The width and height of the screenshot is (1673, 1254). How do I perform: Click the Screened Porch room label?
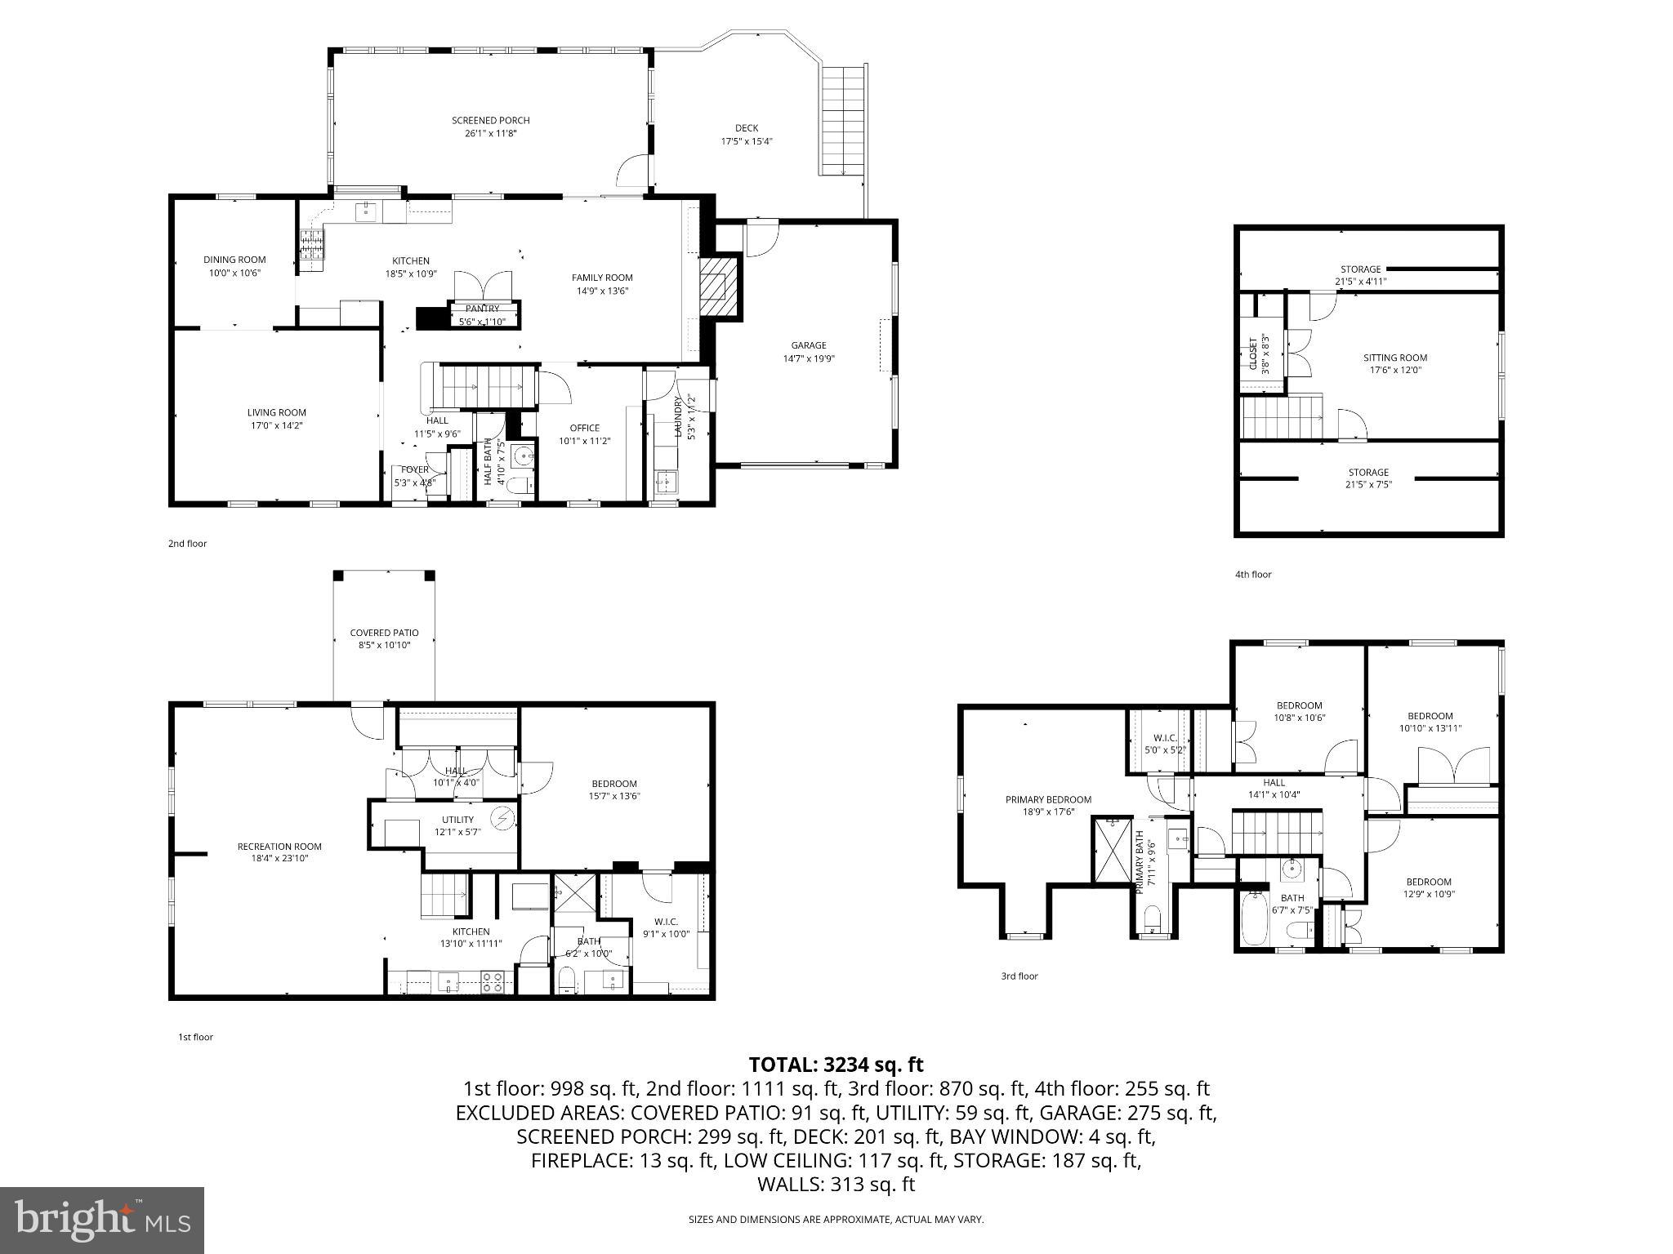490,121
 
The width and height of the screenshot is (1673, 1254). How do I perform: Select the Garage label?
808,345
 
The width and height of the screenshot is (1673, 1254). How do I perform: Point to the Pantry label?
482,309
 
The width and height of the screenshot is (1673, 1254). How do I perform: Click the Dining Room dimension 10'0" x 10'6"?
234,273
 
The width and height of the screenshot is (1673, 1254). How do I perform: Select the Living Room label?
277,413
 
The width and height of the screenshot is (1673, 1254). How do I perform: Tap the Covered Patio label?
384,633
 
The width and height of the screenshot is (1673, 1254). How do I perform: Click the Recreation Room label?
279,847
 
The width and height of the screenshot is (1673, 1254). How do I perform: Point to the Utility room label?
457,820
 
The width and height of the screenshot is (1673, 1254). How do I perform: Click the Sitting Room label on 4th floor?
1394,358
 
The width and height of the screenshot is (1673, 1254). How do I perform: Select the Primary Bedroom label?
1048,799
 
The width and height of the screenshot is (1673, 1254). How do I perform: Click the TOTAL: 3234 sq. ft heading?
836,1065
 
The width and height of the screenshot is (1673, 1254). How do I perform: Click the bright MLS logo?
102,1220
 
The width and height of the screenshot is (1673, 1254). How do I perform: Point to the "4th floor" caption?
1252,574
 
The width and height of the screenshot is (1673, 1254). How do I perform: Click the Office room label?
584,428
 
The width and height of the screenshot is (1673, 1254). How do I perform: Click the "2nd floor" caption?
188,543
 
